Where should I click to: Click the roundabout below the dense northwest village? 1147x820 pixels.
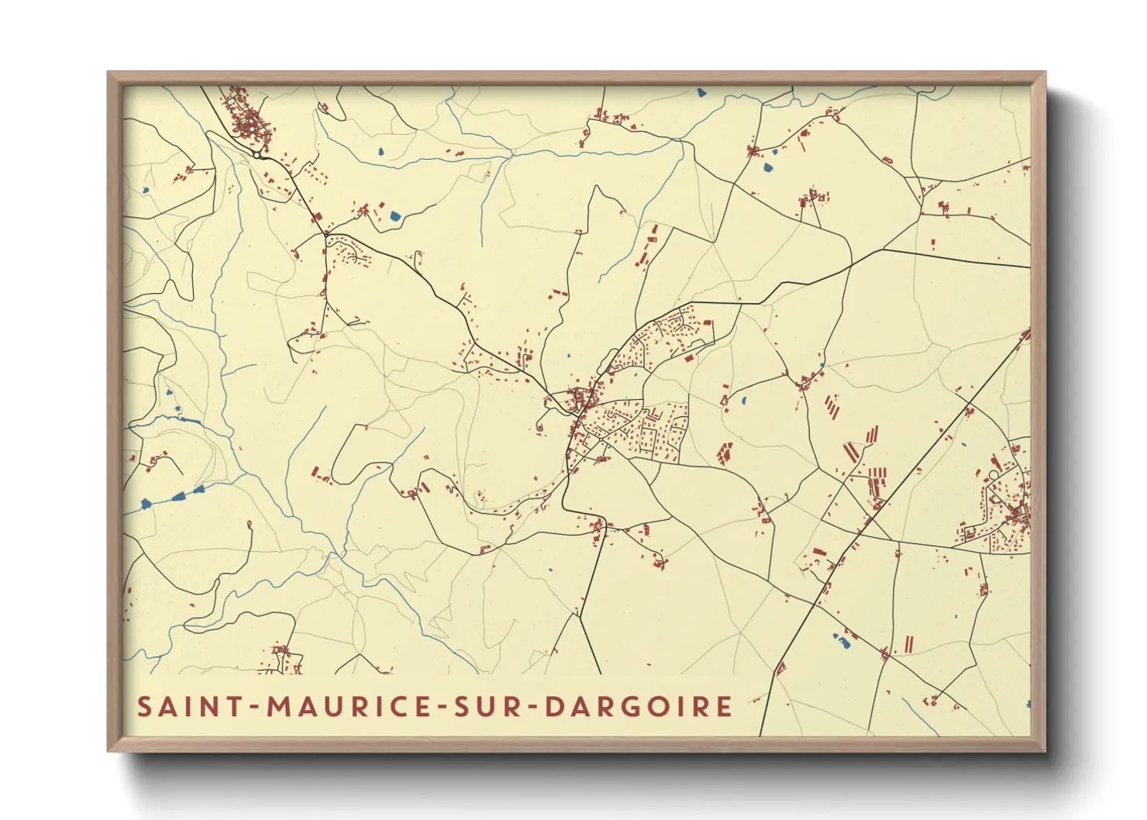257,155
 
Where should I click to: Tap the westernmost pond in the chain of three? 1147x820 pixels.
146,505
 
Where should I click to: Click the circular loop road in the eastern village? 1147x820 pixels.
994,474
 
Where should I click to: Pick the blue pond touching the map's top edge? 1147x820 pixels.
701,92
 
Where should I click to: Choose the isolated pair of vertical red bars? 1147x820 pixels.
908,644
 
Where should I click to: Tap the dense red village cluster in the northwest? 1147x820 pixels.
246,120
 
